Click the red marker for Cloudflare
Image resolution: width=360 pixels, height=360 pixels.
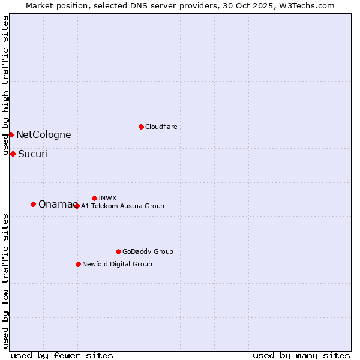point(141,127)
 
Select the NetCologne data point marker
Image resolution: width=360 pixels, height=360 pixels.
point(11,134)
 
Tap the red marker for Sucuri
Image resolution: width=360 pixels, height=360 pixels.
point(13,154)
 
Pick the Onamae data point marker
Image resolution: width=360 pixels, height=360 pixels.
point(33,205)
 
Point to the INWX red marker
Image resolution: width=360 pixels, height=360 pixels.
point(94,198)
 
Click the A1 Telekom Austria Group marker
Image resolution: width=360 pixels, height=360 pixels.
point(76,206)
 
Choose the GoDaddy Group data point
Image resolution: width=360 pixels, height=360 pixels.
point(118,251)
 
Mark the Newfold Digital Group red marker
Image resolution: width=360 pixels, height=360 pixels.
point(78,264)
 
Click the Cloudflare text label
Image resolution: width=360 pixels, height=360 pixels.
point(161,127)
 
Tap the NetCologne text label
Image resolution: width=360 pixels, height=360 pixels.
point(43,135)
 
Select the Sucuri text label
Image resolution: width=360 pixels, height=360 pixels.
point(33,154)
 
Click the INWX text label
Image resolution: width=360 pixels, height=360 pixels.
point(107,198)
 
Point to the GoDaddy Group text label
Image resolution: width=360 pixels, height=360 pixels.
point(148,251)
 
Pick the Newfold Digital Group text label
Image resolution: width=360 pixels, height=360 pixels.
point(117,264)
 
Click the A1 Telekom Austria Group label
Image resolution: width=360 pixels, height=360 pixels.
point(122,206)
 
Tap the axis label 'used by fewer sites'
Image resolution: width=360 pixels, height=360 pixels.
point(62,355)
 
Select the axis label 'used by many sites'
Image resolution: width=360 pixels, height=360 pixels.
point(301,355)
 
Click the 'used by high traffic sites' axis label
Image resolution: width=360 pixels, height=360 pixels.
point(5,85)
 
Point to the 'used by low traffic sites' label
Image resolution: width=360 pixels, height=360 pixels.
point(5,280)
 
